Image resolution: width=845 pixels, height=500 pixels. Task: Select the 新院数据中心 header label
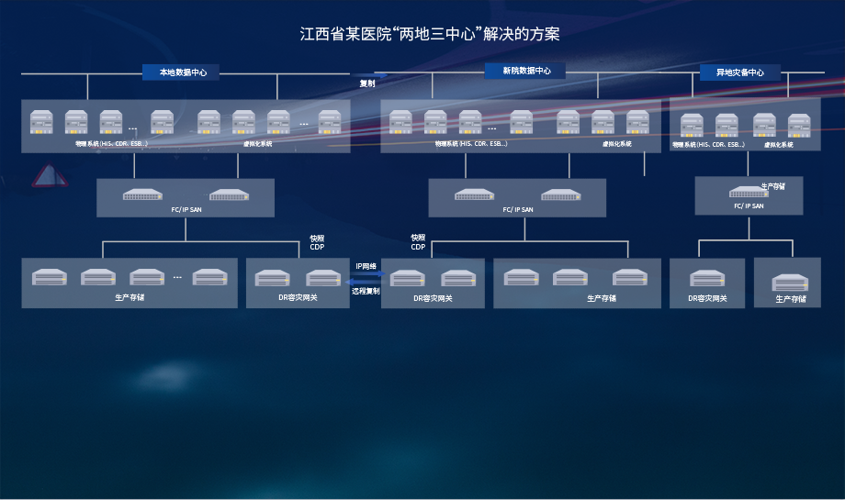[526, 71]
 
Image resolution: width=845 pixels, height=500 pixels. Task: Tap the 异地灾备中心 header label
[739, 72]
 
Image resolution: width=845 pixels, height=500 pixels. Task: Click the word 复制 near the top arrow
[367, 83]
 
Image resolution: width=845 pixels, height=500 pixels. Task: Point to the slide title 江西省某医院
[430, 35]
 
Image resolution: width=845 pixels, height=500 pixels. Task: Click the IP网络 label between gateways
[366, 266]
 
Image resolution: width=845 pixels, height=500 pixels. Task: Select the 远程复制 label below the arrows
[366, 291]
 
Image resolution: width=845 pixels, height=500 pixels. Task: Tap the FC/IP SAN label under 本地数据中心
[186, 209]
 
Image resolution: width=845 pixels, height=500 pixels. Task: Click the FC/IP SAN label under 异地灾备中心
[749, 206]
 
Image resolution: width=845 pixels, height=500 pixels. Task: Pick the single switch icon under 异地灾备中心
[749, 192]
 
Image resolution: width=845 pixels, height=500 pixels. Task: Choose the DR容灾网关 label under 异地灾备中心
[707, 298]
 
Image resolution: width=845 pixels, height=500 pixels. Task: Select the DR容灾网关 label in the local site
[297, 297]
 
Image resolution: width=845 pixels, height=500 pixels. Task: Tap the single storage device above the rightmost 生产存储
[789, 283]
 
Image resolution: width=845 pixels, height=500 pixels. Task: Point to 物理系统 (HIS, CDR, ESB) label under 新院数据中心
[470, 144]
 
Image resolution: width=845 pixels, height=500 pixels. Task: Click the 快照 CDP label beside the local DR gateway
[317, 242]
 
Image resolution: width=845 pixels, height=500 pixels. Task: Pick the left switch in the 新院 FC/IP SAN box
[474, 194]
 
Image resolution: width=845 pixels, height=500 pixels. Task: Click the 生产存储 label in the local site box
[130, 297]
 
